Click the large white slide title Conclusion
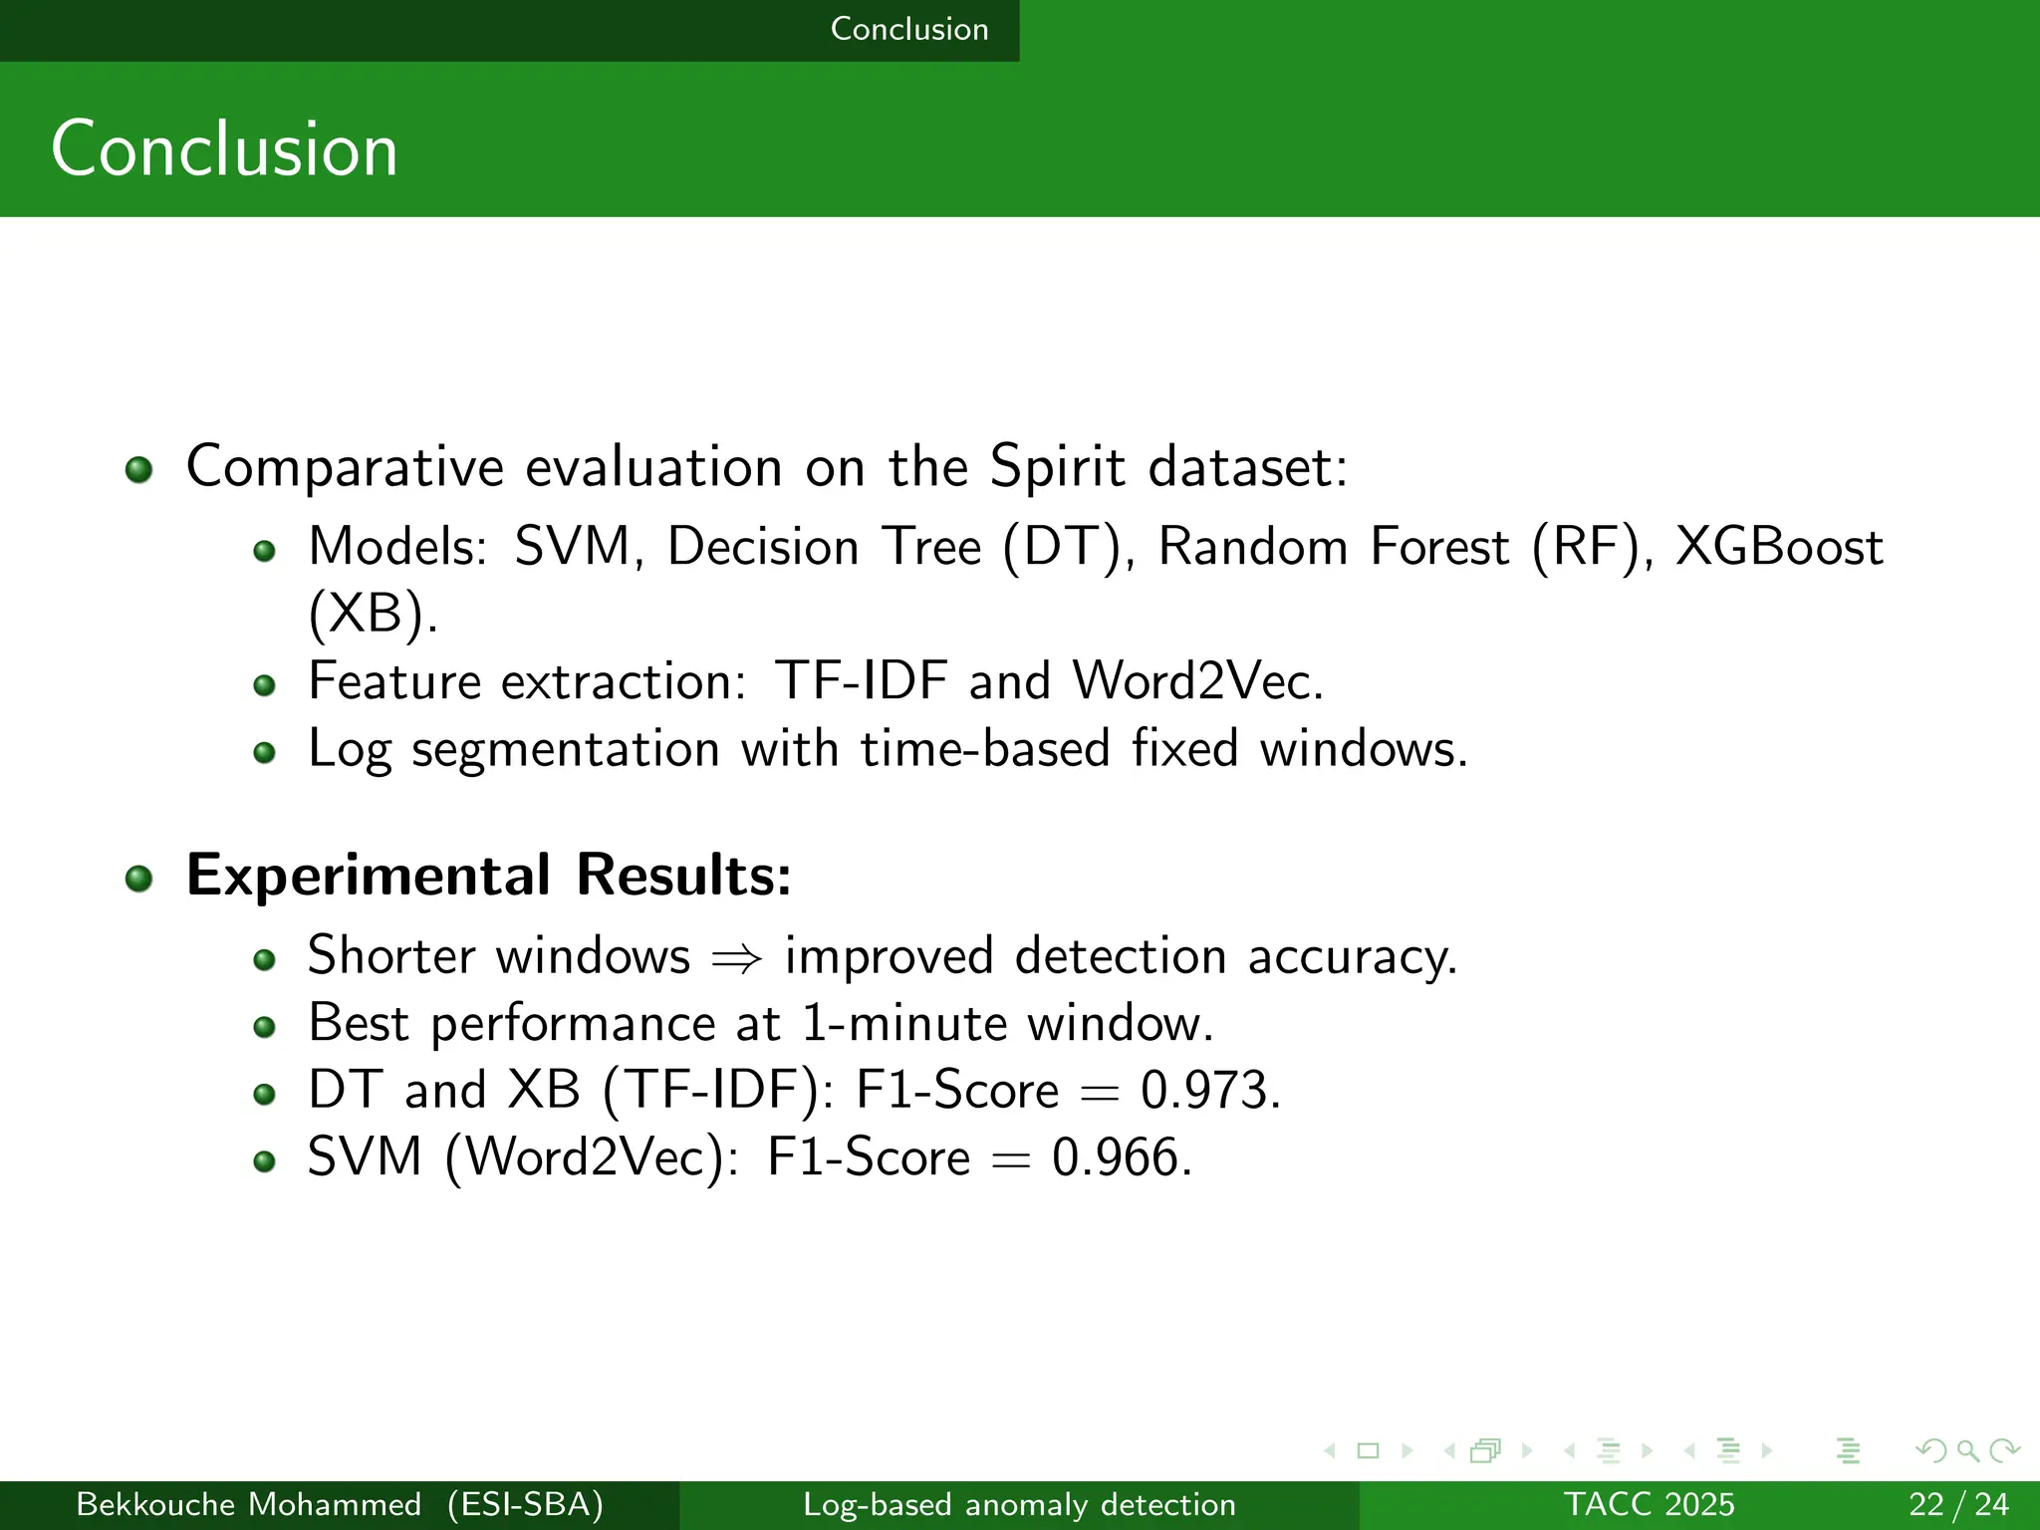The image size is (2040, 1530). [224, 149]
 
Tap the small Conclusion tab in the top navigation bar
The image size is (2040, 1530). [908, 29]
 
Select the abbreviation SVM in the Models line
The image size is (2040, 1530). [572, 547]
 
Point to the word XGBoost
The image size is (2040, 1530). [1778, 547]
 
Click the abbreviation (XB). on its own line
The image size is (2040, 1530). [373, 613]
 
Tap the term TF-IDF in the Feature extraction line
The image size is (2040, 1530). [861, 681]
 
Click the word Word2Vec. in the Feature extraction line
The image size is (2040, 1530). [1197, 681]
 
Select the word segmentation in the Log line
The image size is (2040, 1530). [565, 749]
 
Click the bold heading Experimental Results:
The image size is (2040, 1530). [488, 876]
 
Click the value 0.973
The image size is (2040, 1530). [1209, 1090]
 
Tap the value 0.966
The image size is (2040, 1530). [1122, 1157]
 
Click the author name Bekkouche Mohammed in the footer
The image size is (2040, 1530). [248, 1504]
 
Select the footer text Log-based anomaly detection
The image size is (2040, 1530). [1019, 1504]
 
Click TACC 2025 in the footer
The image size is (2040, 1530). [1649, 1504]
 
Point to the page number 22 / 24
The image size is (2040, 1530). [1957, 1504]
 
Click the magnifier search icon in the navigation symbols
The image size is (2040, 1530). [1966, 1451]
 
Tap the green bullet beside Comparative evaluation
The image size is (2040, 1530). [138, 470]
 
